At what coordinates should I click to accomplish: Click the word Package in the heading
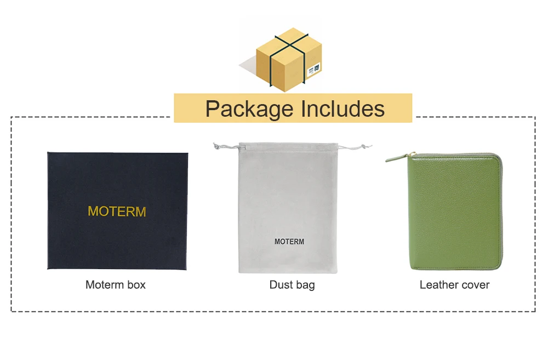coord(249,108)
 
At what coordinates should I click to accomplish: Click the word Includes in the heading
coord(340,108)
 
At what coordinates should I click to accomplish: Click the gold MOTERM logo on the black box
coord(117,212)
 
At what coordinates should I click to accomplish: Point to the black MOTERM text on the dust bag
coord(289,242)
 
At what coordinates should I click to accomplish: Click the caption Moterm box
coord(116,285)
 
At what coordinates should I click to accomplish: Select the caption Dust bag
coord(292,285)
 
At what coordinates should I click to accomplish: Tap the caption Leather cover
coord(454,285)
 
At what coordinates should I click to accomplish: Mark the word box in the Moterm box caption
coord(135,285)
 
